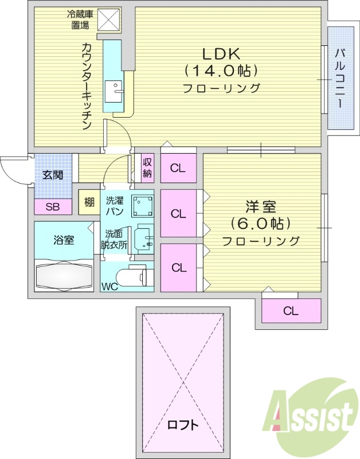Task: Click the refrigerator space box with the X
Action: [x=109, y=21]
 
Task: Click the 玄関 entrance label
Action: [x=53, y=174]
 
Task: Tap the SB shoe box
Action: [x=52, y=207]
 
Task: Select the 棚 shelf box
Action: [x=89, y=202]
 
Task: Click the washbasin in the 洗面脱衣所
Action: [x=143, y=240]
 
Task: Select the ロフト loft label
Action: [x=183, y=425]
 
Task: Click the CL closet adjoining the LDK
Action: [x=178, y=169]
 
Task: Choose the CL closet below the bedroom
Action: [x=291, y=311]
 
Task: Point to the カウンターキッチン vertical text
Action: [x=87, y=86]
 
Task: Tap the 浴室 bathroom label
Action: [x=64, y=240]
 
